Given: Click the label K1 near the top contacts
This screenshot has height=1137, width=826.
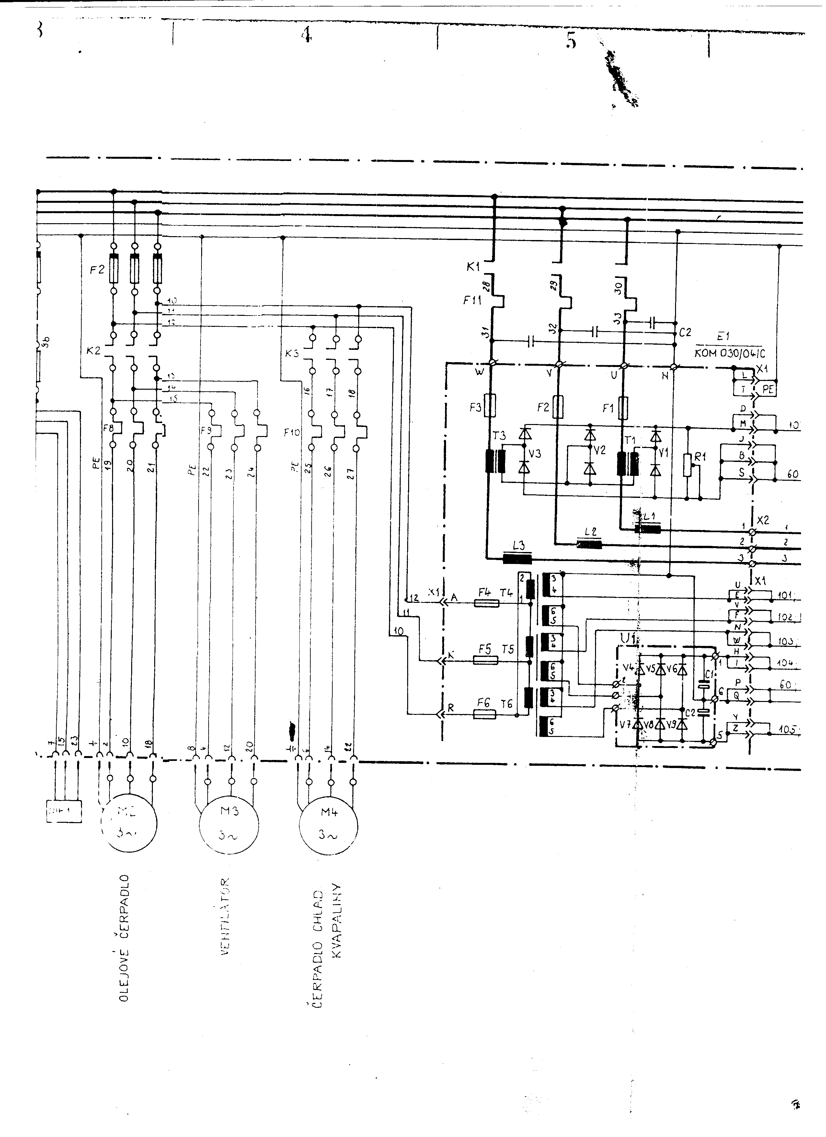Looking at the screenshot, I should tap(473, 267).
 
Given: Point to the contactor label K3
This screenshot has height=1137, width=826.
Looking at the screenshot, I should tap(292, 353).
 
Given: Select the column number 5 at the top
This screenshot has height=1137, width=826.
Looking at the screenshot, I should tap(571, 40).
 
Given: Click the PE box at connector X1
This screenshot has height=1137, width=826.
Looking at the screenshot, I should tap(767, 389).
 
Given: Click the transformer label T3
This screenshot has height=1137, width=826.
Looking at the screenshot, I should tap(499, 436).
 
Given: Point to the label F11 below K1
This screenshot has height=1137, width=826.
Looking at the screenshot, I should tap(472, 301).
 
